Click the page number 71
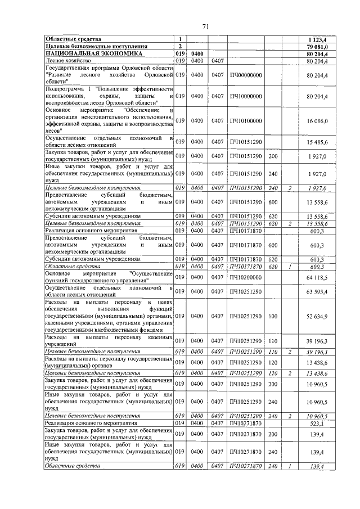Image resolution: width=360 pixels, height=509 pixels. [205, 27]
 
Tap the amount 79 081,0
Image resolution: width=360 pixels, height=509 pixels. [316, 46]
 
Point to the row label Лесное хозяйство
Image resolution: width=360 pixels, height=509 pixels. [66, 60]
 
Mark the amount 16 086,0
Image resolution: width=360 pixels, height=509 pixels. [317, 120]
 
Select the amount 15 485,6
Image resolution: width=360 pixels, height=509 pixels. [317, 141]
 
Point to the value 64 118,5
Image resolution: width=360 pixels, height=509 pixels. [317, 277]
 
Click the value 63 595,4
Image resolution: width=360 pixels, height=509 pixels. [317, 292]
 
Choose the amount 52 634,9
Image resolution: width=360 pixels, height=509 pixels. [317, 316]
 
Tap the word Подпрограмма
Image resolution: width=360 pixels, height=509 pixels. [64, 89]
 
